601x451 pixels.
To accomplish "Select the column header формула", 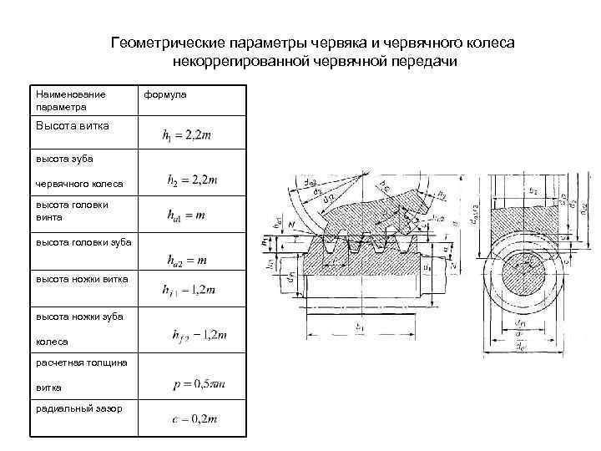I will (x=165, y=94).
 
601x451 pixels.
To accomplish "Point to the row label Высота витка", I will (x=73, y=125).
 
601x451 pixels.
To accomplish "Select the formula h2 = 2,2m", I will (x=192, y=179).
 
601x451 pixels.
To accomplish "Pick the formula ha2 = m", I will (x=188, y=261).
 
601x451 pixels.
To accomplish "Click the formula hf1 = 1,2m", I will (x=187, y=290).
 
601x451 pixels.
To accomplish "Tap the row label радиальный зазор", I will (x=78, y=408).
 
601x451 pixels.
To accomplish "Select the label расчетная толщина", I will (x=81, y=362).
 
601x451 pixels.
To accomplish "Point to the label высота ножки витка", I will (x=81, y=278).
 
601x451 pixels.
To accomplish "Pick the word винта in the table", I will (x=49, y=217).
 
